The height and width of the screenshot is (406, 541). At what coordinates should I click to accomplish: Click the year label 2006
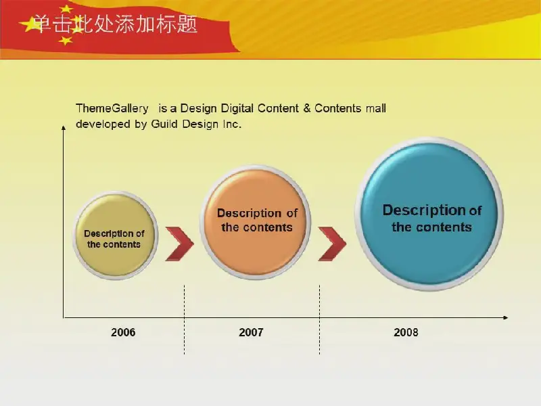pos(123,332)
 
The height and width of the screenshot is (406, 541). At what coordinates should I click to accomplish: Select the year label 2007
pos(251,332)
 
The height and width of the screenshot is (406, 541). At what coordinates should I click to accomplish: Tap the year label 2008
pos(406,332)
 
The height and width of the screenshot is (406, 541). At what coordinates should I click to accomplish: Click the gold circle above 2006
pos(115,235)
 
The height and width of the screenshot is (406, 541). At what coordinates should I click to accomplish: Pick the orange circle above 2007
pos(256,222)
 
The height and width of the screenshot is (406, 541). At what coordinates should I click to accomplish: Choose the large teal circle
pos(429,214)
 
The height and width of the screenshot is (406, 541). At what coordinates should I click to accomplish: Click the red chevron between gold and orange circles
pos(179,244)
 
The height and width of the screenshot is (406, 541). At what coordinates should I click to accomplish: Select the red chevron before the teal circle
pos(332,244)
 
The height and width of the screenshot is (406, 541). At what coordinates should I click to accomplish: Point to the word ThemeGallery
pos(112,109)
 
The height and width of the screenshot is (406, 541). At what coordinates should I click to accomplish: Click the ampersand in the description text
pos(307,108)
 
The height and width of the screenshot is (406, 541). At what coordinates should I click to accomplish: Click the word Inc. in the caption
pos(231,124)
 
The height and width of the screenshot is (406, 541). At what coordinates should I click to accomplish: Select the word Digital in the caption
pos(237,109)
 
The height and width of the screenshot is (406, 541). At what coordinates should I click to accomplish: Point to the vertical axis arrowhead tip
pos(64,126)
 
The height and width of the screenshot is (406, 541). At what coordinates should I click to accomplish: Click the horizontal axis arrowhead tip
pos(509,317)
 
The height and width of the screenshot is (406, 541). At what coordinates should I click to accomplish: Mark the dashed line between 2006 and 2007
pos(184,319)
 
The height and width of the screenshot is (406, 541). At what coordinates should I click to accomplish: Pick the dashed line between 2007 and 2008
pos(319,319)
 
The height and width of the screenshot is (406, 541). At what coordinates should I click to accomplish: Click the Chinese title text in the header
pos(116,24)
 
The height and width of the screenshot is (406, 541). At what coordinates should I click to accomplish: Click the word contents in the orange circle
pos(267,227)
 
